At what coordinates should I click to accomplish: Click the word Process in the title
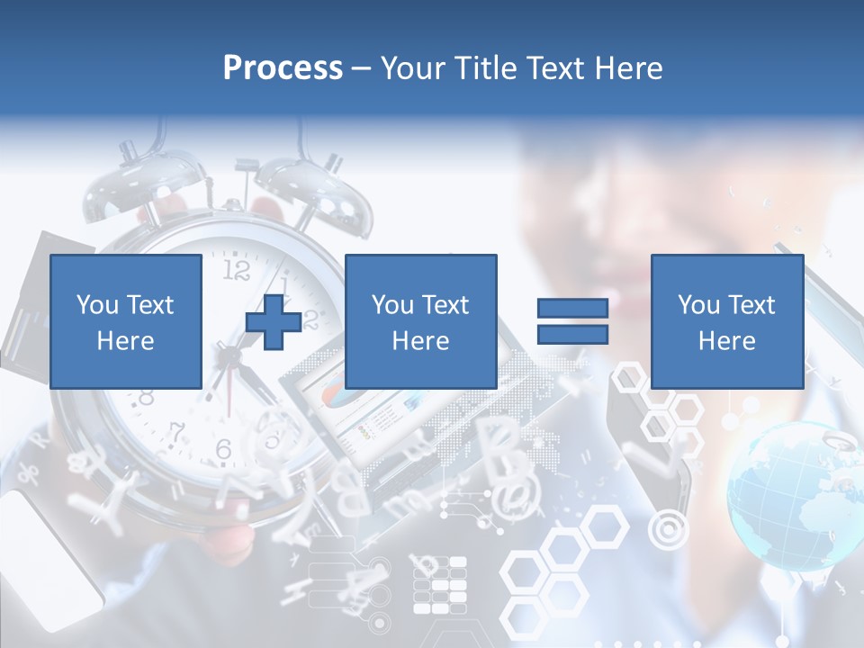(283, 68)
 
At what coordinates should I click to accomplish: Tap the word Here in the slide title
(627, 68)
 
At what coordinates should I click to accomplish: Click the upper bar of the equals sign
(572, 309)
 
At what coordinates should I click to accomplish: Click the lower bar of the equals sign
(572, 335)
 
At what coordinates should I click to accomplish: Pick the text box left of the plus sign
(125, 321)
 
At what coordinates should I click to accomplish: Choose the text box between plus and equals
(420, 321)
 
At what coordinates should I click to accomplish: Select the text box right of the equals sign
(726, 321)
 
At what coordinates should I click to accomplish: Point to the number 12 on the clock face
(236, 270)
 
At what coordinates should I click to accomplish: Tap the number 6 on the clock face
(224, 448)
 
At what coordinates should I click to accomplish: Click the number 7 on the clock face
(177, 432)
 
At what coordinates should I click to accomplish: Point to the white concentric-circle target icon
(667, 530)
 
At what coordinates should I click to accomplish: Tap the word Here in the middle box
(420, 341)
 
